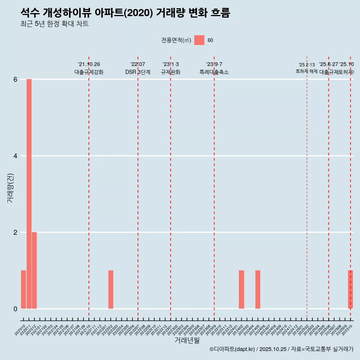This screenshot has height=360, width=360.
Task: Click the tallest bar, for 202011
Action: pos(29,194)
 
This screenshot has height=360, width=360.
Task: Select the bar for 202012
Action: pos(34,270)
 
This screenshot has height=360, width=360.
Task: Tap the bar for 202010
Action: pos(23,289)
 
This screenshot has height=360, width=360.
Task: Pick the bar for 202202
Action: pos(111,289)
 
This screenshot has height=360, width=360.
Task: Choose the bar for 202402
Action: pos(241,289)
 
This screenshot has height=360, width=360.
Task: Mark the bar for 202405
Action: pos(258,289)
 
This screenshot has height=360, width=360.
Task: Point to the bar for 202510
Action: pos(350,289)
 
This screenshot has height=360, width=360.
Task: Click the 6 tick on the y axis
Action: pos(15,79)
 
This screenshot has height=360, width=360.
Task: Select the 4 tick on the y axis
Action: pos(15,156)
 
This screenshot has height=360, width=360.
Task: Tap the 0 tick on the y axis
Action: pos(15,309)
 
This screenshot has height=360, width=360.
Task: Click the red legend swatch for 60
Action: pos(199,40)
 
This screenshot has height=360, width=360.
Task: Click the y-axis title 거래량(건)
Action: pos(10,188)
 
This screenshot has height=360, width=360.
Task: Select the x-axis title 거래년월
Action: pos(187,340)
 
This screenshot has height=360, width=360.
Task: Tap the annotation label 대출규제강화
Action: pos(89,72)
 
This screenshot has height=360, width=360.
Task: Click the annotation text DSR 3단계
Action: pos(138,72)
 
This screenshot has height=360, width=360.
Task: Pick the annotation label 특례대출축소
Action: pos(214,72)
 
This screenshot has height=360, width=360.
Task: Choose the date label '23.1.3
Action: pos(171,64)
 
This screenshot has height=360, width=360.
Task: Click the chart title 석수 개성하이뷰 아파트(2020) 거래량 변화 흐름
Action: pos(125,13)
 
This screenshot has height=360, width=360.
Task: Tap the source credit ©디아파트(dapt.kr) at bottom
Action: pos(232,349)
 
